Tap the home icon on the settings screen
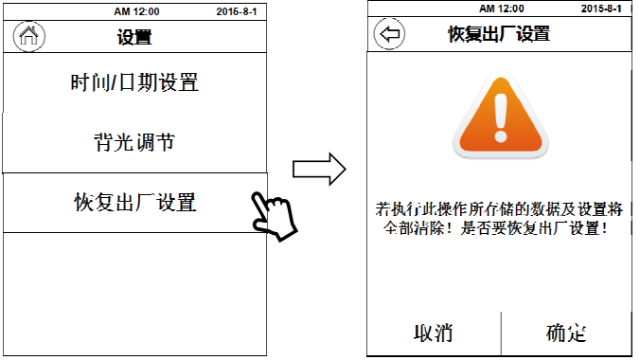[x=29, y=36]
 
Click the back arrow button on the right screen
[x=389, y=34]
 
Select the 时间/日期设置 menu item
[x=134, y=82]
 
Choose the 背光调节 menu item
[x=134, y=142]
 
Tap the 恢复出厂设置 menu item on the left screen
[x=135, y=203]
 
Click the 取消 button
[x=434, y=333]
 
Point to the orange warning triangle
[x=501, y=116]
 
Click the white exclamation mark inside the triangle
[x=501, y=117]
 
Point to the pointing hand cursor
[x=275, y=216]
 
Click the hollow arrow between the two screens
[x=319, y=170]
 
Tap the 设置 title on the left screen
[x=134, y=37]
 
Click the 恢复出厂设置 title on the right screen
[x=499, y=34]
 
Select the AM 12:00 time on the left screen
[x=136, y=11]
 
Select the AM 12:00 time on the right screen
[x=502, y=9]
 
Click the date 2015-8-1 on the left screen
[x=237, y=11]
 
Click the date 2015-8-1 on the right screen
[x=601, y=9]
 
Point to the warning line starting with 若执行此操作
[x=499, y=209]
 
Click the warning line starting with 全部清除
[x=495, y=228]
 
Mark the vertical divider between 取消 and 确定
[x=501, y=333]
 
